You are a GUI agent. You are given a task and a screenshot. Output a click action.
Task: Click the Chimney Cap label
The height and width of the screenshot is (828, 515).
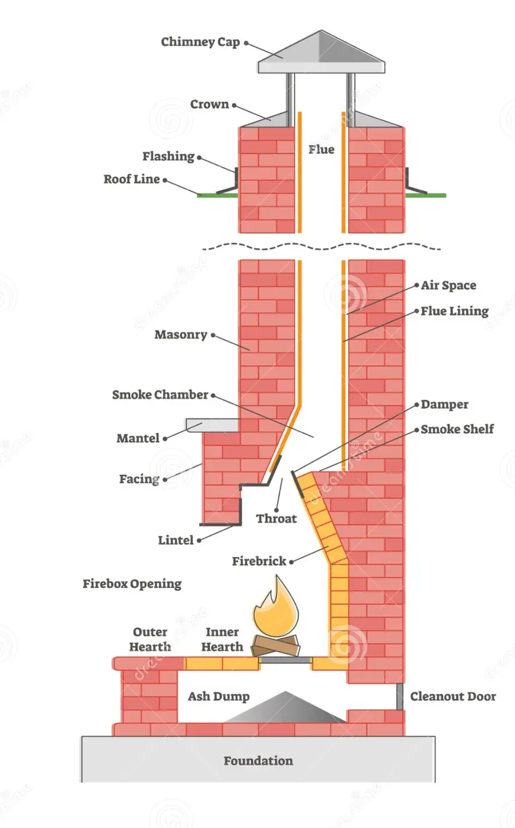200,42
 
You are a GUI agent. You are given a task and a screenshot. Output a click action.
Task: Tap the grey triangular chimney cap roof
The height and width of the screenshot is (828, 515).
321,52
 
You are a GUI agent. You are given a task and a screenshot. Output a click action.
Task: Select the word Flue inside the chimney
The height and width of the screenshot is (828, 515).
321,149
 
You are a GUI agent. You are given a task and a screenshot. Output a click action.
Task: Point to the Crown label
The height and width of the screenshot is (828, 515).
209,104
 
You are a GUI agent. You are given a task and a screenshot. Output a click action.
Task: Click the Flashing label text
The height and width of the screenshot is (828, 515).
168,156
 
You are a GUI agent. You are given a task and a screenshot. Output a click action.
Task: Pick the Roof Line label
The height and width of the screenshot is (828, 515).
132,179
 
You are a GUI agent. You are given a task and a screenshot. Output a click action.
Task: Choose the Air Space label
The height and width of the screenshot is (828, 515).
448,285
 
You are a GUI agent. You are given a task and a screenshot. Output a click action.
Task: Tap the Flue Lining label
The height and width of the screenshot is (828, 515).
454,311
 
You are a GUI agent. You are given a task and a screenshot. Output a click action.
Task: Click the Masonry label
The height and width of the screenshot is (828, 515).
181,335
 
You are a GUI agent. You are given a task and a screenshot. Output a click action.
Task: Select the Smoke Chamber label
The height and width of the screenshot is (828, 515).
160,395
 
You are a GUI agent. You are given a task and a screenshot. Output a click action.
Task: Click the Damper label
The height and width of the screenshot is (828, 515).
444,404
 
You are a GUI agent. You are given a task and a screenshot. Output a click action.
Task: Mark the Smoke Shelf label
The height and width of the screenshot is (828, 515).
457,429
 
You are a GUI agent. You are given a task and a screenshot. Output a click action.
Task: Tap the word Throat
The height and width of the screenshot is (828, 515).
276,519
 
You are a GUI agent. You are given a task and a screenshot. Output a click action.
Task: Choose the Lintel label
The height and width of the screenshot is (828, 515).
175,540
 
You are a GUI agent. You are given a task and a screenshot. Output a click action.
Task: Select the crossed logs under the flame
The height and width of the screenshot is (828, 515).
276,646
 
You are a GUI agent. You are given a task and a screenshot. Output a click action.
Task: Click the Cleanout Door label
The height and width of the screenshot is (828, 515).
453,696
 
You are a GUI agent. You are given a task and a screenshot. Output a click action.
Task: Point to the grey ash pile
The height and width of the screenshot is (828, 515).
284,708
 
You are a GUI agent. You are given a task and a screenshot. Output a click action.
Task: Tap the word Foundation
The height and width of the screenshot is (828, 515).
258,761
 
